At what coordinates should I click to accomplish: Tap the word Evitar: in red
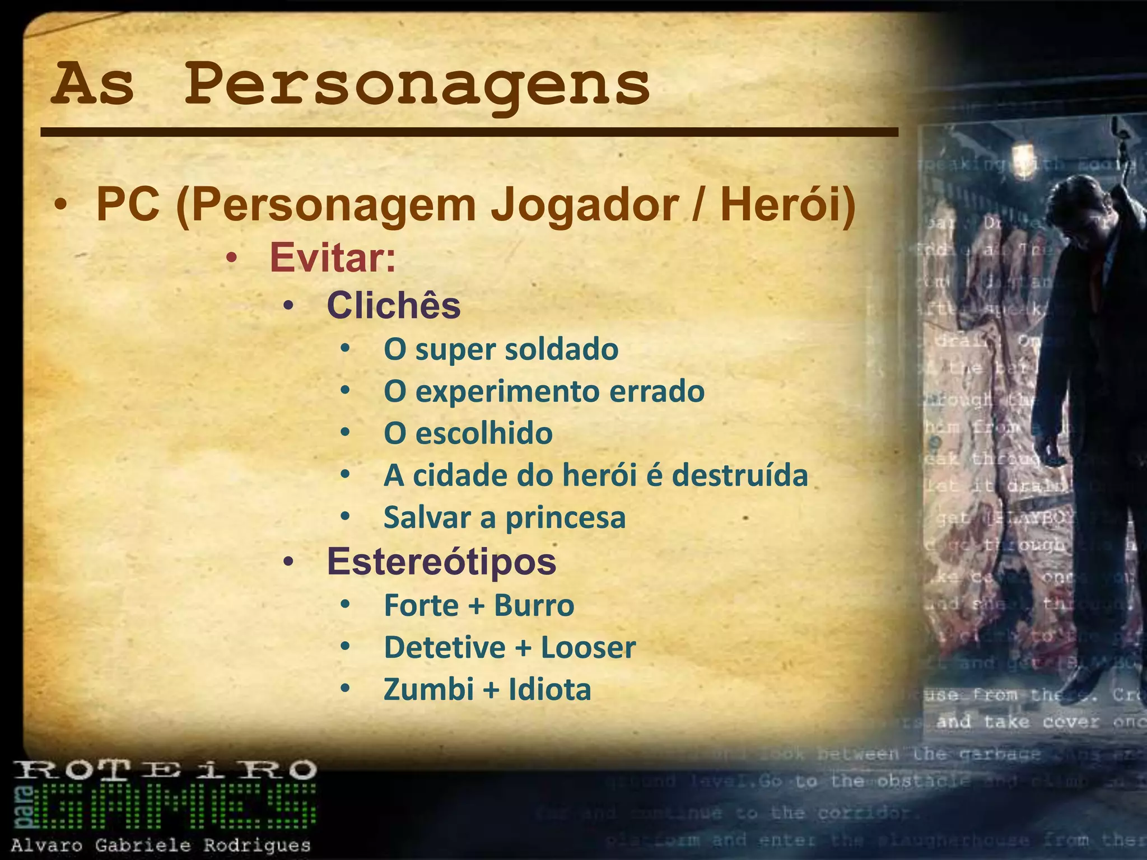click(333, 258)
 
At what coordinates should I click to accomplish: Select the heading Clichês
click(393, 306)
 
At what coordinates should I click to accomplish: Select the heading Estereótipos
click(441, 561)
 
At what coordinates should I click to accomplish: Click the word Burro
click(534, 605)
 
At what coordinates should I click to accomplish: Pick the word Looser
click(588, 647)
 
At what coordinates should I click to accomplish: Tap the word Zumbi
click(428, 689)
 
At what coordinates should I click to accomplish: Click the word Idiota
click(549, 689)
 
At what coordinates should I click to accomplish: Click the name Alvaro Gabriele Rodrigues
click(161, 845)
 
